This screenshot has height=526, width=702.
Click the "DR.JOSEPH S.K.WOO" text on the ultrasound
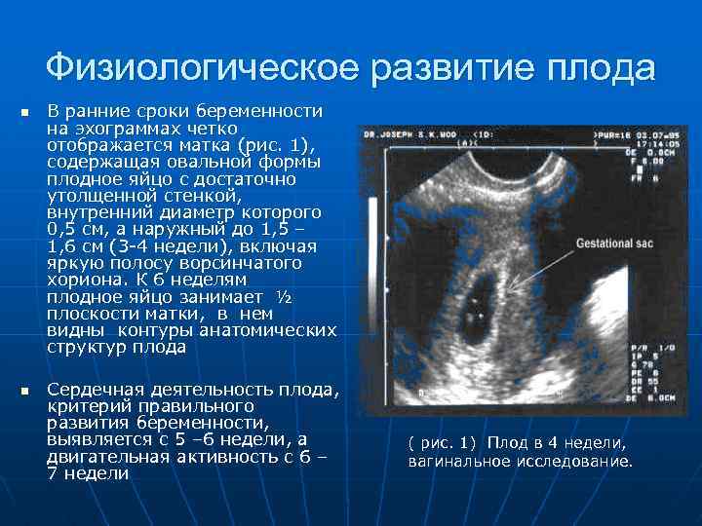(x=411, y=131)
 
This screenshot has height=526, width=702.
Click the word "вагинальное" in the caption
(x=455, y=460)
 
